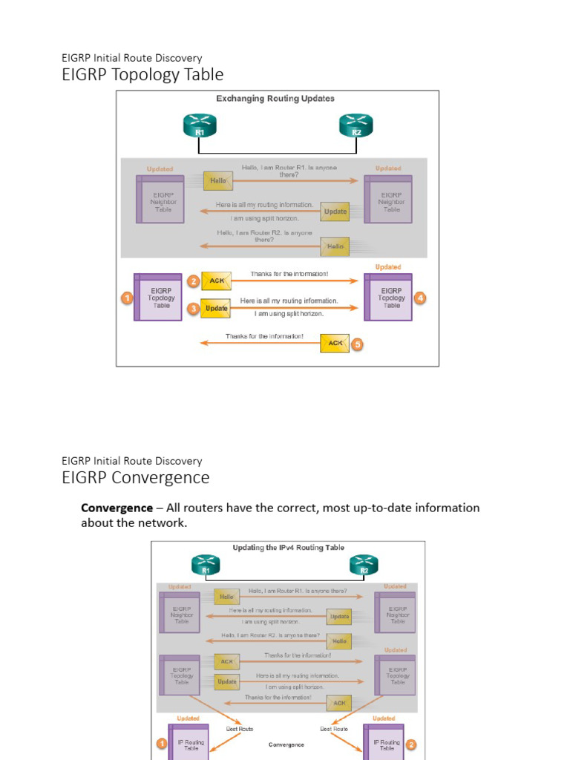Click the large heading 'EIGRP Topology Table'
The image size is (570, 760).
coord(142,74)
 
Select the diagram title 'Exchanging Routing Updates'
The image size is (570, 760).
coord(275,99)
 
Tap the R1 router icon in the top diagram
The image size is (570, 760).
coord(199,125)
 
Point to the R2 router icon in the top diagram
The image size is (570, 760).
coord(356,125)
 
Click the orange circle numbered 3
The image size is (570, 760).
coord(193,308)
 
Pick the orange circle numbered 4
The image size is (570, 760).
coord(421,298)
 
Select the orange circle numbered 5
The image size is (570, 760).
coord(357,344)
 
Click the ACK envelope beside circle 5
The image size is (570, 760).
coord(335,343)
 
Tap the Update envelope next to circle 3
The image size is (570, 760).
coord(216,308)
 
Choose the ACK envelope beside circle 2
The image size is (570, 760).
coord(216,281)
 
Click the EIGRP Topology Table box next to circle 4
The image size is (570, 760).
coord(388,297)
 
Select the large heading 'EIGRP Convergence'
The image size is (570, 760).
coord(135,478)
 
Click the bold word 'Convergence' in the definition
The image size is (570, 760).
coord(117,508)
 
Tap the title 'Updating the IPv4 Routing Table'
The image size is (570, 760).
coord(289,548)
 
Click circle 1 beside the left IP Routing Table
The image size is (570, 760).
coord(160,743)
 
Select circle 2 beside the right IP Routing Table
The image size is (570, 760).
coord(410,744)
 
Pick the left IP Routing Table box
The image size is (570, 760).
coord(188,744)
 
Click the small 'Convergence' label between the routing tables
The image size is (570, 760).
coord(286,744)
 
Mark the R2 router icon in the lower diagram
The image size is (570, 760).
coord(364,565)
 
